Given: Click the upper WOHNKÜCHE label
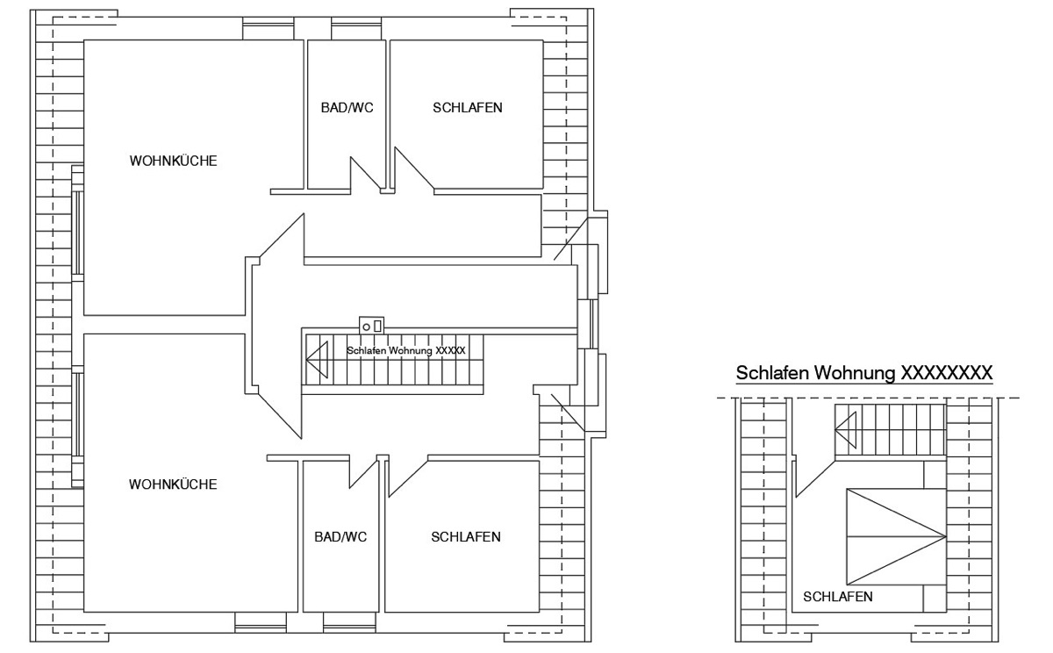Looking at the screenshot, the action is pyautogui.click(x=173, y=161).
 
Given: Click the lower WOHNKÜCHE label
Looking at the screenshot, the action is pyautogui.click(x=173, y=484).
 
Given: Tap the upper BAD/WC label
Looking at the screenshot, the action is pyautogui.click(x=347, y=108).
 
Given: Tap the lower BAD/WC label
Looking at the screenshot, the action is pyautogui.click(x=340, y=537).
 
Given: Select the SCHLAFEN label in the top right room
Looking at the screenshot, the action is pyautogui.click(x=467, y=108).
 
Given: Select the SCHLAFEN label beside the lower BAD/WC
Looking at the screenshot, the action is pyautogui.click(x=466, y=537).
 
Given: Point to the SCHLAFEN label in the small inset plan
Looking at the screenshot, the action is pyautogui.click(x=838, y=597).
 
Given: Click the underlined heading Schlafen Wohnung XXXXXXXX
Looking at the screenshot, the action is pyautogui.click(x=864, y=373).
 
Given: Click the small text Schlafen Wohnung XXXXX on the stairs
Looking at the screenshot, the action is pyautogui.click(x=406, y=351).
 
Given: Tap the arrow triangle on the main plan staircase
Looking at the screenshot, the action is pyautogui.click(x=317, y=360).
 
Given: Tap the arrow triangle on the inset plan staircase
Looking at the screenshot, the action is pyautogui.click(x=845, y=430).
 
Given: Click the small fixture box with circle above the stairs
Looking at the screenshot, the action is pyautogui.click(x=371, y=326).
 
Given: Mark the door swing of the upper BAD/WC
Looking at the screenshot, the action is pyautogui.click(x=365, y=174).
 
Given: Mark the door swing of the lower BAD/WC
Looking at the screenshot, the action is pyautogui.click(x=363, y=473).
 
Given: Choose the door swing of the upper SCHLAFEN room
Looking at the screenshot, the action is pyautogui.click(x=413, y=169).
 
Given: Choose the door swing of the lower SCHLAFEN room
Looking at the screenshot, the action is pyautogui.click(x=408, y=478).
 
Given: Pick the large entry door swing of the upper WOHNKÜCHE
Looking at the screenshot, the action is pyautogui.click(x=282, y=235).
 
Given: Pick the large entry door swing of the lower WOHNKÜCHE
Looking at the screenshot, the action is pyautogui.click(x=280, y=416).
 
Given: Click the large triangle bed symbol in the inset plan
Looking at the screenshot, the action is pyautogui.click(x=896, y=536).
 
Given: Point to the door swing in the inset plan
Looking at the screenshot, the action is pyautogui.click(x=815, y=479).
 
